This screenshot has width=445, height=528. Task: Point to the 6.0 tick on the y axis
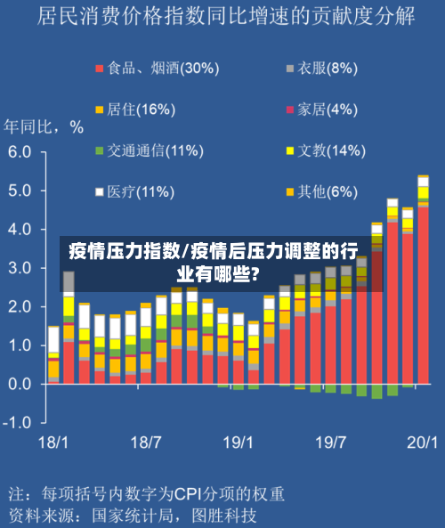pos(20,152)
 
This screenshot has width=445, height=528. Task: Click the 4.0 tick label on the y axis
pos(20,230)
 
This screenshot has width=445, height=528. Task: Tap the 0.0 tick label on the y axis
pos(20,384)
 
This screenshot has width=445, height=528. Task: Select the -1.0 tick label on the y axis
pos(18,422)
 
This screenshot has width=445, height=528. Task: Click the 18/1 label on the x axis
pos(53,442)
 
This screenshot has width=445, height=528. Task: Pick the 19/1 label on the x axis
pos(238,442)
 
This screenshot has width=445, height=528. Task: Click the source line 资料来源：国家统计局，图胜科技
pos(133,515)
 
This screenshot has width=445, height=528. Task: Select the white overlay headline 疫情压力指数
pos(125,250)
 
